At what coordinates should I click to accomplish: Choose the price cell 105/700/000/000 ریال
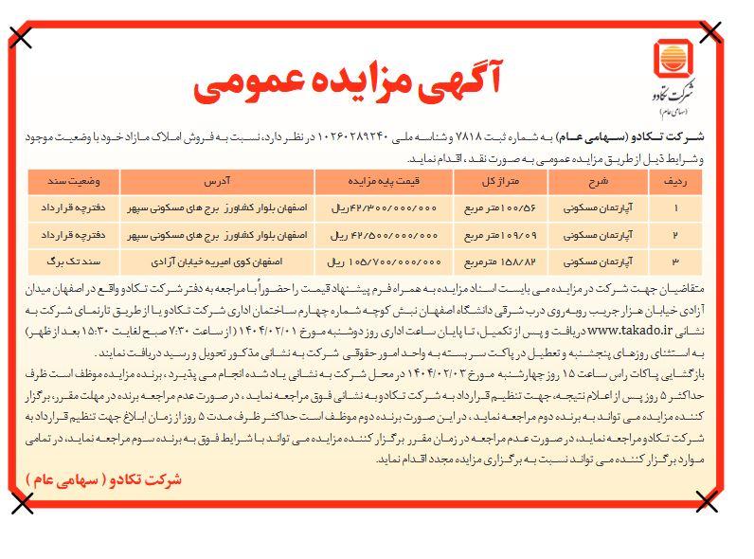tap(373, 258)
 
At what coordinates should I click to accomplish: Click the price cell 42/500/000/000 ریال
tap(373, 231)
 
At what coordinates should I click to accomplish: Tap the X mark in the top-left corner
tap(22, 37)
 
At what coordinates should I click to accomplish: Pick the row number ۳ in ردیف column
tap(702, 258)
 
